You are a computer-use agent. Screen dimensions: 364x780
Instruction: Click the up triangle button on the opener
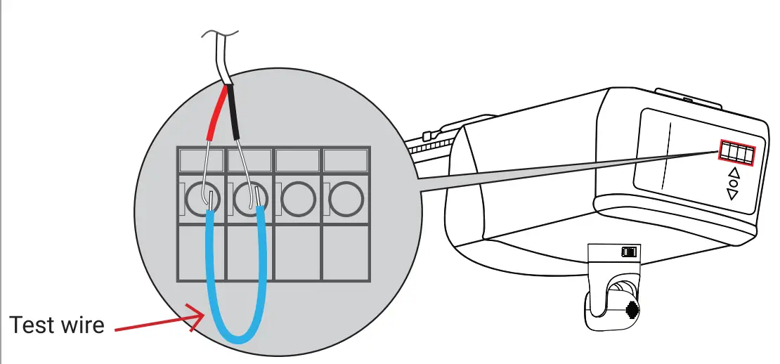pyautogui.click(x=734, y=172)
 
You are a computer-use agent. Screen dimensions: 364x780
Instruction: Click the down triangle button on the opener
pyautogui.click(x=733, y=194)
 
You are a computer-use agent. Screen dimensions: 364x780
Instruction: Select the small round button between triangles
pyautogui.click(x=734, y=183)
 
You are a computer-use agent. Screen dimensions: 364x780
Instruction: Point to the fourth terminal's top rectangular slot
pyautogui.click(x=345, y=160)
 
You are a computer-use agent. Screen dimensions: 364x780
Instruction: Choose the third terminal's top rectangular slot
pyautogui.click(x=298, y=160)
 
